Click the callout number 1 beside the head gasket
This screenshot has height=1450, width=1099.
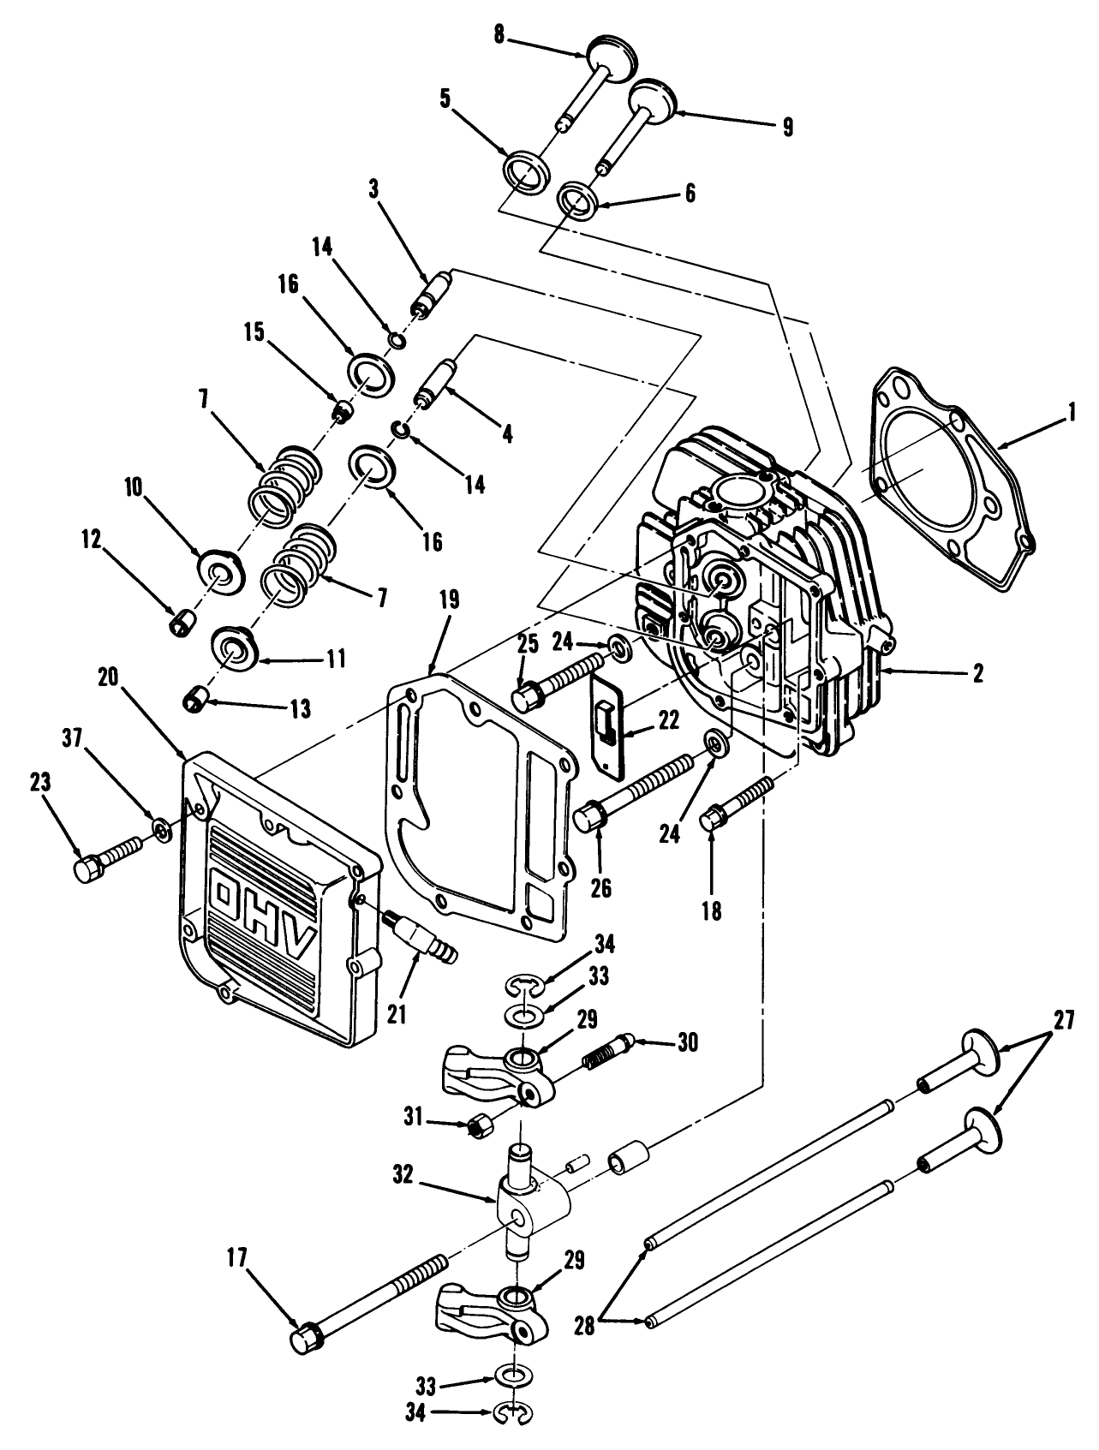[1070, 417]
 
